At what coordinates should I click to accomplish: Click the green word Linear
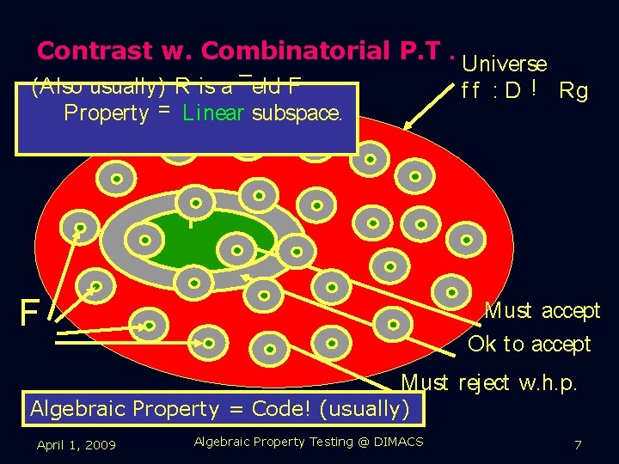tap(213, 113)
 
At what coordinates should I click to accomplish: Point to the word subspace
tap(297, 113)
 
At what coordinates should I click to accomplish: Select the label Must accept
tap(542, 310)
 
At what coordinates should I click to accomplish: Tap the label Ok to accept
tap(530, 345)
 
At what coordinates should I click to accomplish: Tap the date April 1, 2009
tap(76, 444)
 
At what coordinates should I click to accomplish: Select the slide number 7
tap(579, 445)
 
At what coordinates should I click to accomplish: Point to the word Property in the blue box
tap(106, 113)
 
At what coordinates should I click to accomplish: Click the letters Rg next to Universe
tap(573, 90)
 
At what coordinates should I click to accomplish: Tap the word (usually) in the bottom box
tap(365, 409)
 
